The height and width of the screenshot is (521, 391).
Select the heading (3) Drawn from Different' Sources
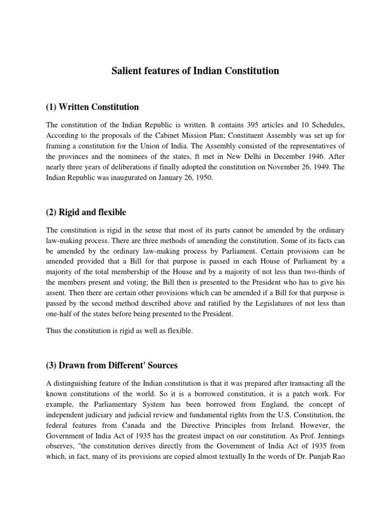point(111,365)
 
